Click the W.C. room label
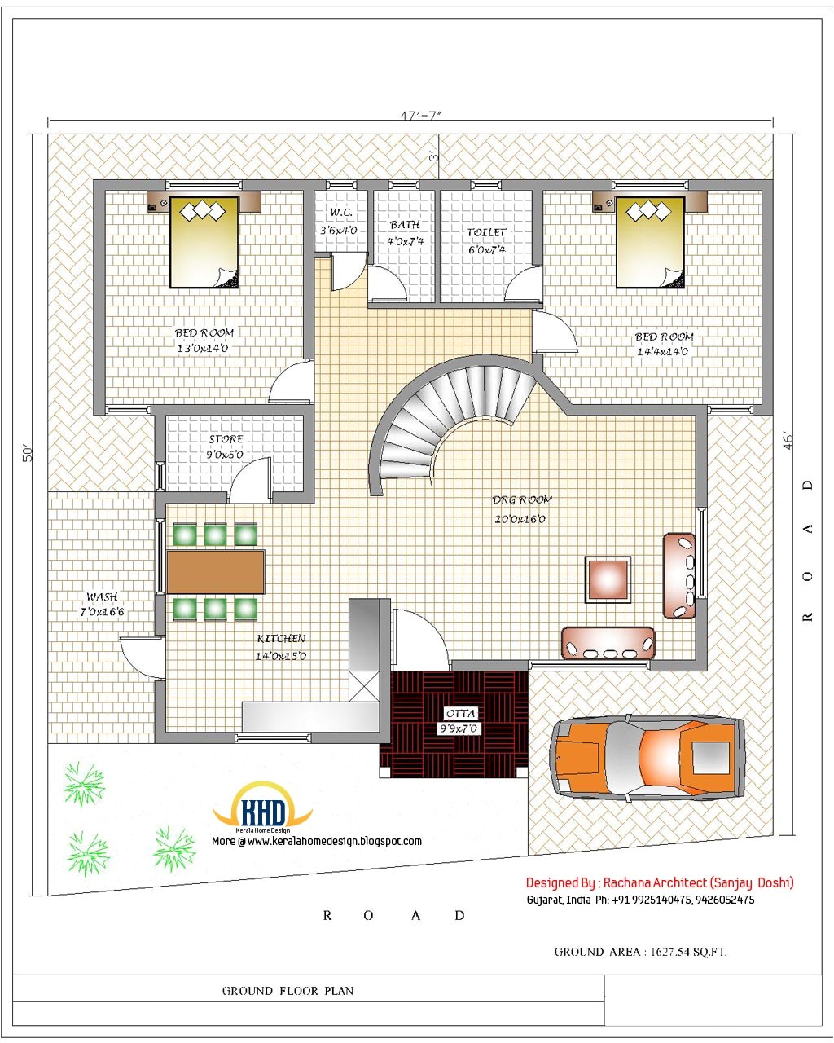point(340,221)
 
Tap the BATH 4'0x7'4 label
point(405,232)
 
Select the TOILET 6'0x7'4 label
point(486,240)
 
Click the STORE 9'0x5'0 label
point(226,447)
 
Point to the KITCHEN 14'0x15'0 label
point(281,647)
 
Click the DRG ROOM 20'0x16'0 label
point(521,509)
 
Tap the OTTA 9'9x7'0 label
point(460,721)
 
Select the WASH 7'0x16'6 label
point(102,604)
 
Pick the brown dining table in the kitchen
point(216,572)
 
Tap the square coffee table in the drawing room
point(608,579)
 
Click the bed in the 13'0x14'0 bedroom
point(204,242)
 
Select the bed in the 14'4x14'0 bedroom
point(650,242)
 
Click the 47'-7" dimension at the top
point(420,116)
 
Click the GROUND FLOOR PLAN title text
point(288,991)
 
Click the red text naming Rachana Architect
point(659,882)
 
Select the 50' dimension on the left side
point(26,453)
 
